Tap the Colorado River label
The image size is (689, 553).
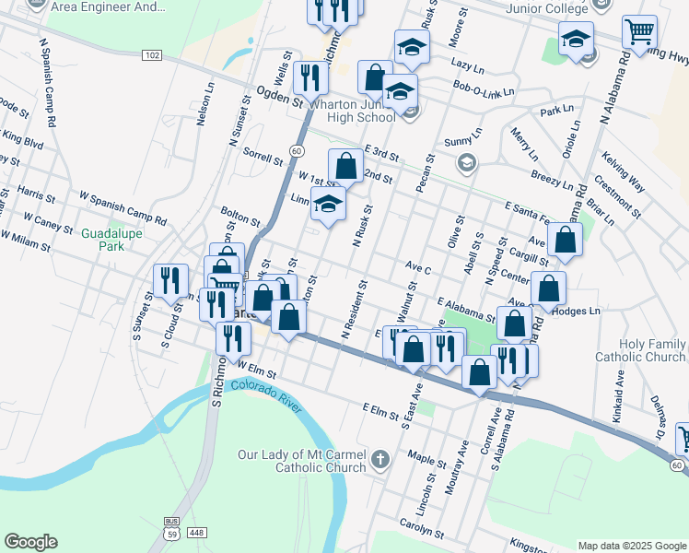click(x=267, y=397)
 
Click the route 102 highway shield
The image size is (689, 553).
click(x=153, y=56)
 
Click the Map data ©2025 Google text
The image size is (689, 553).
click(x=631, y=545)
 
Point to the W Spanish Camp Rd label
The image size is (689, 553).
click(x=123, y=208)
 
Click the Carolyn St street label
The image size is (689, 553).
click(x=422, y=534)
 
